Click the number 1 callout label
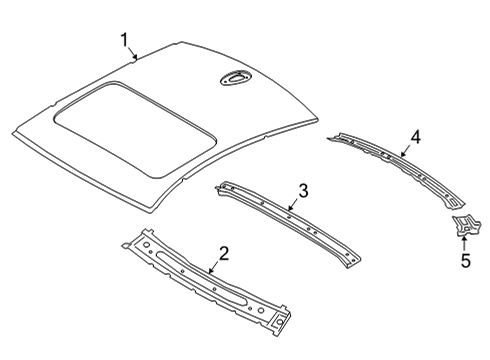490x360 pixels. coord(124,40)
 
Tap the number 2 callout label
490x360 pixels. coord(224,254)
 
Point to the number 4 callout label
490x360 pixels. coord(415,137)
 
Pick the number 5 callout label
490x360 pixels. coord(464,262)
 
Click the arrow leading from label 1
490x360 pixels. coord(133,54)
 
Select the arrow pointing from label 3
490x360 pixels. coord(292,205)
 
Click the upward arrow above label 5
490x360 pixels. coord(464,244)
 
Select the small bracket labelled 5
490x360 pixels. coord(462,227)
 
